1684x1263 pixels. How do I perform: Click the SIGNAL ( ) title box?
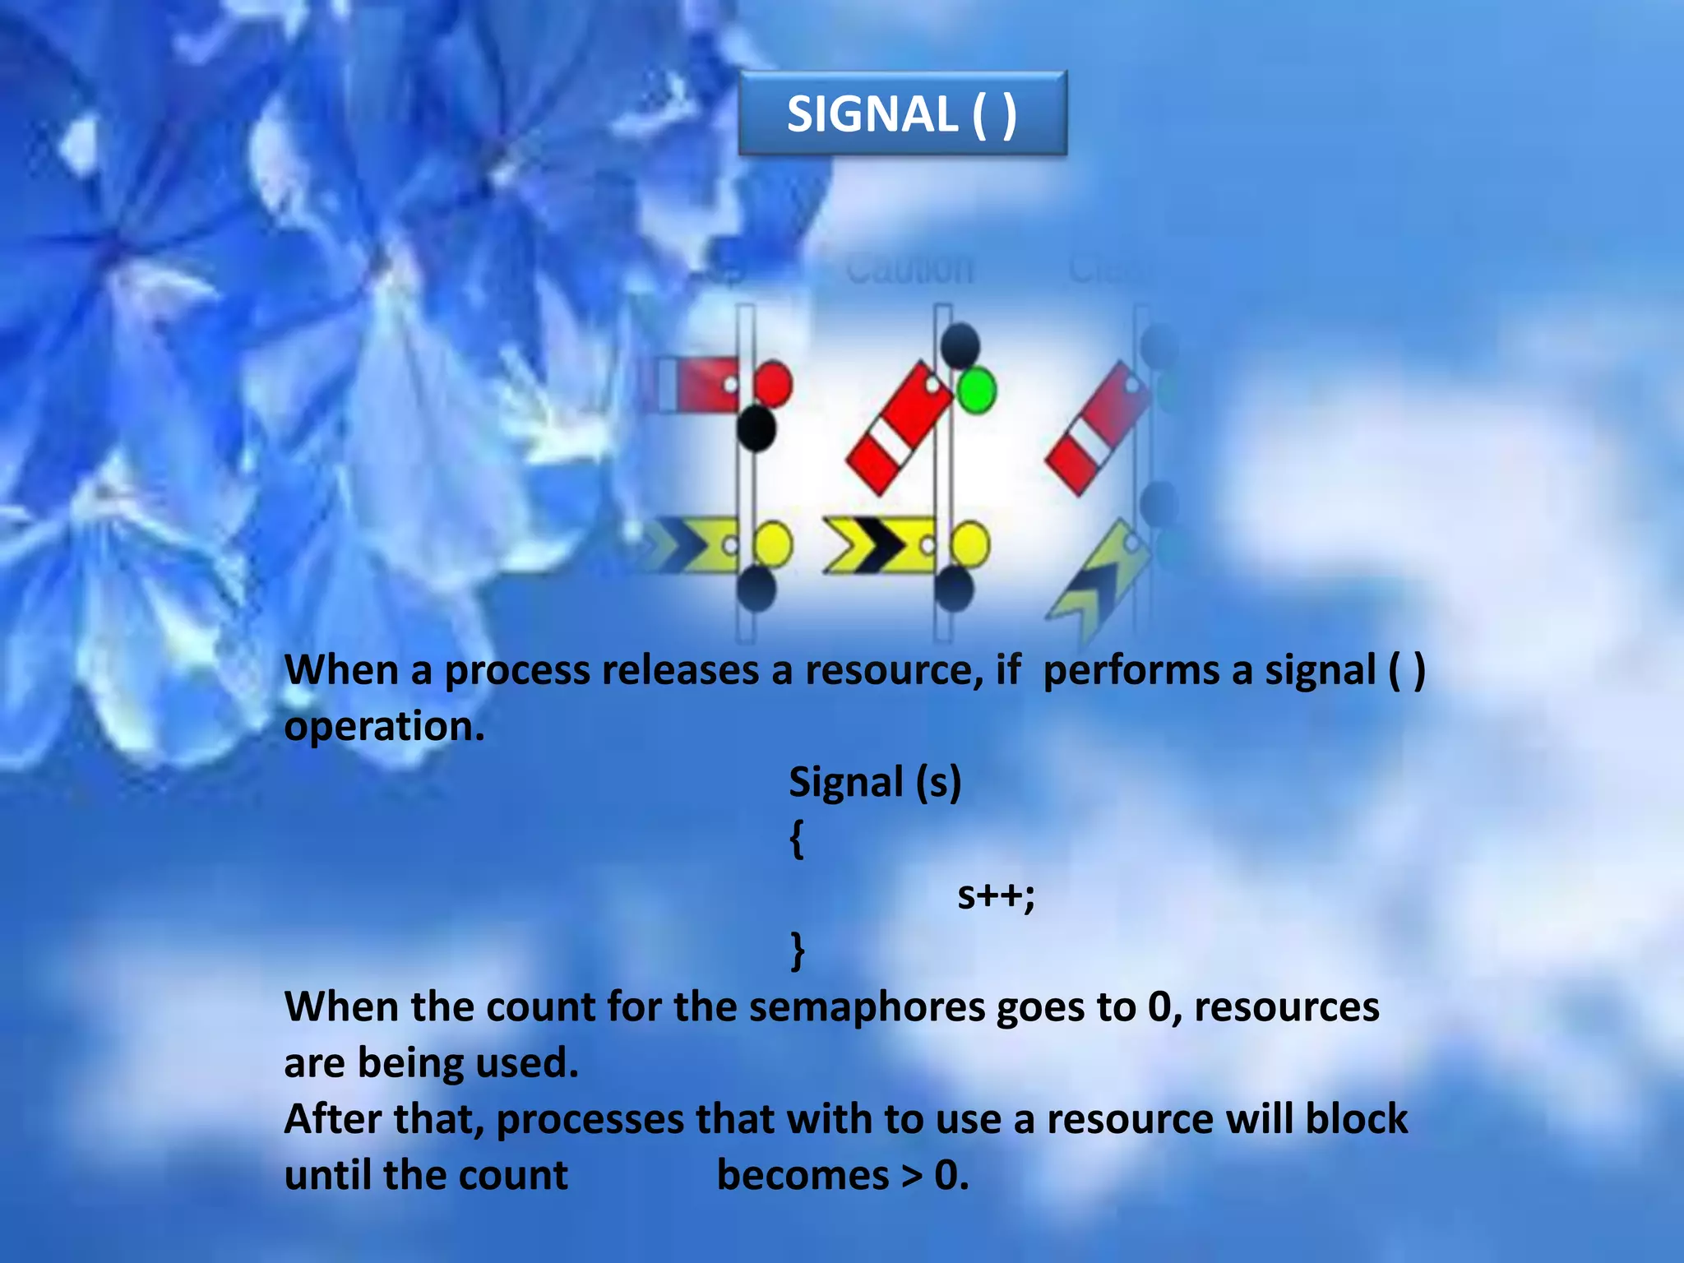(902, 113)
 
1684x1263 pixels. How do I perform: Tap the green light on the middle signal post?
(976, 391)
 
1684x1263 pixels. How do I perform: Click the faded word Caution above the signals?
(909, 269)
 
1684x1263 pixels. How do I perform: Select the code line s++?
(995, 895)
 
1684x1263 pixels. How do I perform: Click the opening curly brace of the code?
(796, 839)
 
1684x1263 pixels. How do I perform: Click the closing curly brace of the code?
(796, 951)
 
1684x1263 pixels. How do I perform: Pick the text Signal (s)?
(874, 782)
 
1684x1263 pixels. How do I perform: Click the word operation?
(383, 727)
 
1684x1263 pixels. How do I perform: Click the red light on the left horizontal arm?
(772, 383)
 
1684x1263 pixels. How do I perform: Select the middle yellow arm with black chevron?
(880, 545)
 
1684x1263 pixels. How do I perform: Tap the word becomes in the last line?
(803, 1175)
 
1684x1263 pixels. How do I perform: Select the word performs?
(1131, 670)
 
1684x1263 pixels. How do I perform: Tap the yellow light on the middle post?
(970, 544)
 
